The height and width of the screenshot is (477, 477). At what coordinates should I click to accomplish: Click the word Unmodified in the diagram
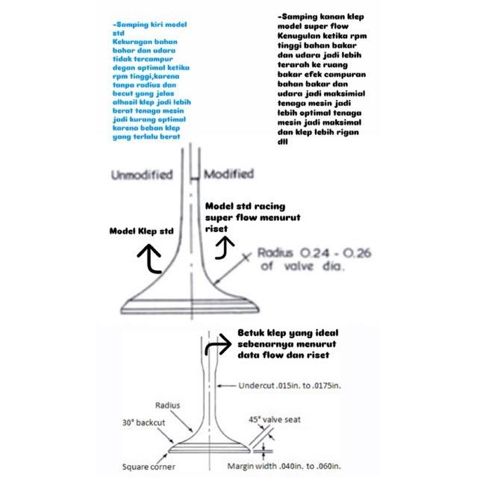[141, 175]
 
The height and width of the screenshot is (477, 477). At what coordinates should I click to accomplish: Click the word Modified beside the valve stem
[228, 174]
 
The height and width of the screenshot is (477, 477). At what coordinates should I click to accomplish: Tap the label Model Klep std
[142, 231]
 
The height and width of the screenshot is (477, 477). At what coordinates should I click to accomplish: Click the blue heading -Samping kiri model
[146, 25]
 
